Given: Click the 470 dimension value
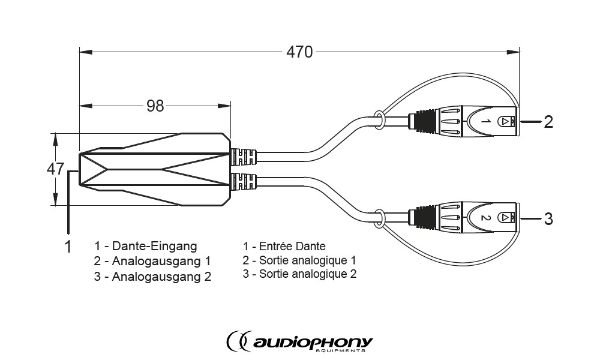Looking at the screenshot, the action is [x=299, y=52].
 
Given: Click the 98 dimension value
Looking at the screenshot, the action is [x=155, y=106].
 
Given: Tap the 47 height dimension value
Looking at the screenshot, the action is [x=55, y=169].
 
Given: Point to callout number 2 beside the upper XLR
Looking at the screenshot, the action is [x=548, y=122].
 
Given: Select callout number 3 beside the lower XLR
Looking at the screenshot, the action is [x=548, y=219].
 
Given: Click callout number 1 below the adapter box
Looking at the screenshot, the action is [x=68, y=247].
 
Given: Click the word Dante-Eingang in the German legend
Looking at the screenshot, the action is [x=154, y=246].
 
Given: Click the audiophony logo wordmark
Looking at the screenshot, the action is [x=299, y=341].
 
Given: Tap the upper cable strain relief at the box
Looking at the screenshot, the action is [x=244, y=157].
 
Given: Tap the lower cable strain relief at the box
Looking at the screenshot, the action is [x=244, y=182].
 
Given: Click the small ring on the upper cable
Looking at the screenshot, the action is [x=379, y=119].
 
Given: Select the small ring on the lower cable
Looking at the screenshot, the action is [x=379, y=218].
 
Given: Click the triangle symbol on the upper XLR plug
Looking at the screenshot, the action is [x=505, y=121].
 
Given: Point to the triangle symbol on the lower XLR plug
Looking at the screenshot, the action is [x=505, y=218].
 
